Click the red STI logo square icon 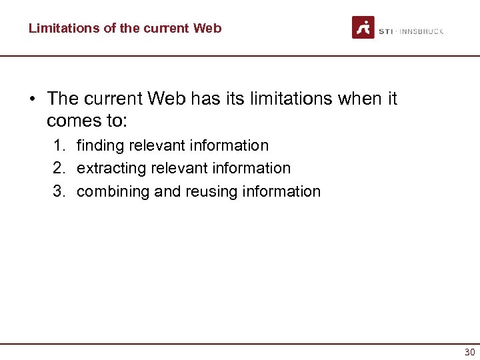point(363,28)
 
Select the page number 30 point(470,352)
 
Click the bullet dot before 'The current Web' point(31,99)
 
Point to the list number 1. point(59,146)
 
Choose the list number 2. point(59,169)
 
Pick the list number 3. point(59,192)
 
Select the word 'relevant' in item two point(173,169)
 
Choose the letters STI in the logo point(386,31)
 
